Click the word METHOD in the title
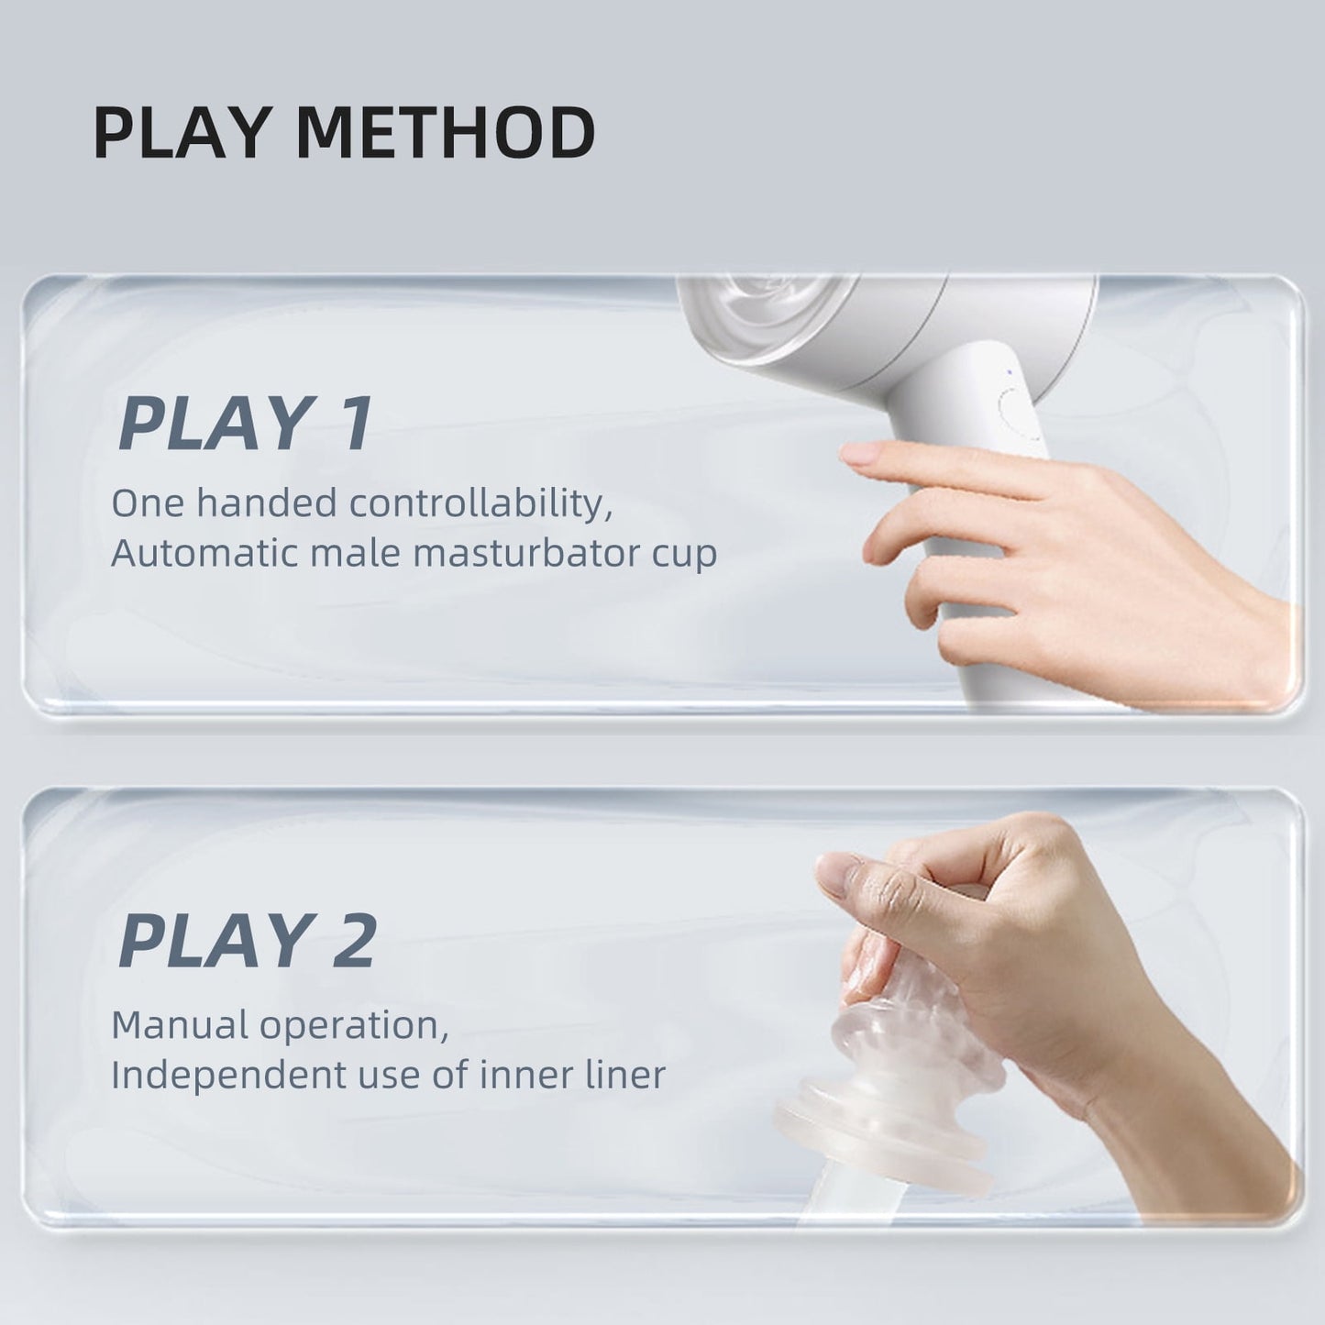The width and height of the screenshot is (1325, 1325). click(447, 134)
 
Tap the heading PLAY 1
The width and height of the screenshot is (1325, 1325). click(246, 424)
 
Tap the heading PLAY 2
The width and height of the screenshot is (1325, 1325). click(248, 941)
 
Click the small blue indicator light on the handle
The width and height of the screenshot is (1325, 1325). click(1008, 372)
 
